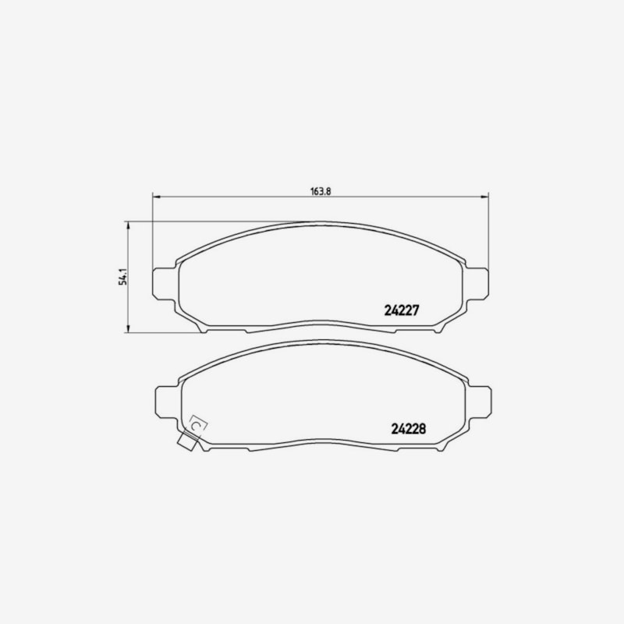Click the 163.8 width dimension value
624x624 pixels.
pos(321,191)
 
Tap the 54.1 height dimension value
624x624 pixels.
pos(123,277)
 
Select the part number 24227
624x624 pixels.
pos(402,310)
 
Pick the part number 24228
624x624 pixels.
pos(408,428)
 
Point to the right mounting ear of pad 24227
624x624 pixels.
pos(477,284)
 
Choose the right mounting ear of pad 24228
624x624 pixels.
pos(480,402)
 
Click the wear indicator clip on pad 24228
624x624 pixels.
pos(188,441)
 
